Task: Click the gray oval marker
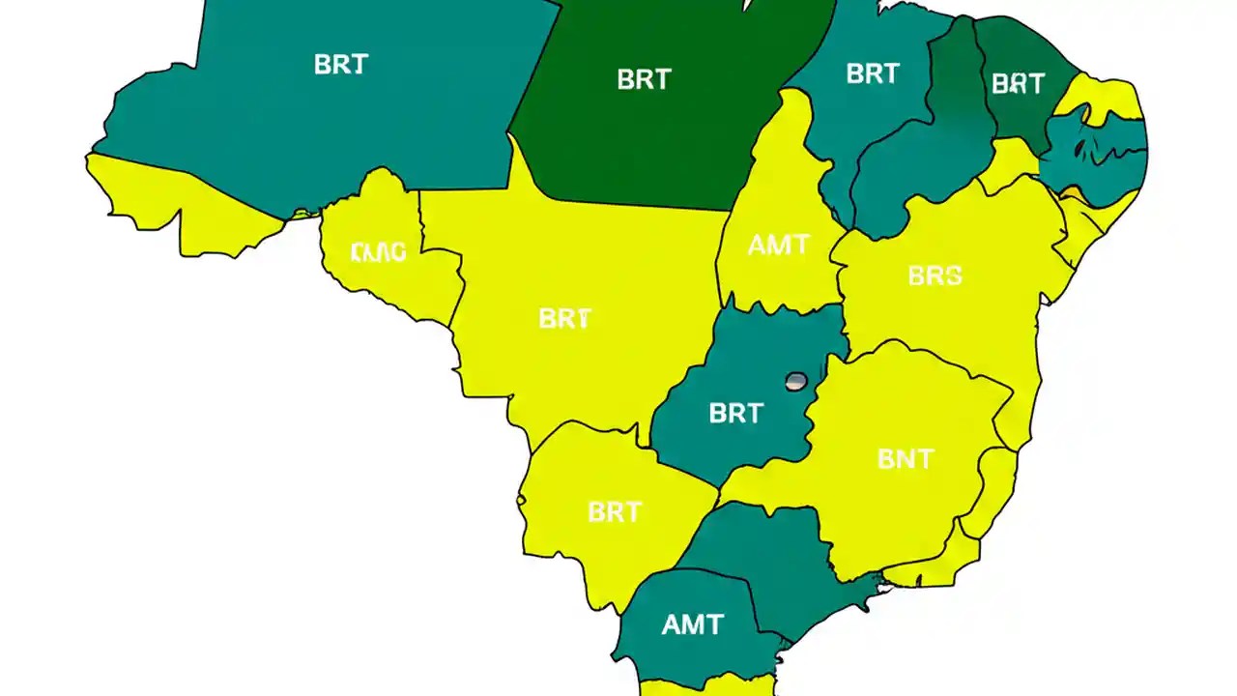796,381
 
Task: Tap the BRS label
935,276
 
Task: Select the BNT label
906,458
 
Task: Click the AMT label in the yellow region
778,246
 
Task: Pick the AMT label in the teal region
693,624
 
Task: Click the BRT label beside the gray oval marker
735,414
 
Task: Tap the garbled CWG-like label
379,253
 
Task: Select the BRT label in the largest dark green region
644,79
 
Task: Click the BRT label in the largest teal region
340,65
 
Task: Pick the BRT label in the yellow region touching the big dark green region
564,318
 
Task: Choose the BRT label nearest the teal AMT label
615,511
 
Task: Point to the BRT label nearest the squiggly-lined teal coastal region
1018,84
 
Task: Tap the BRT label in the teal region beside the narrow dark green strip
872,73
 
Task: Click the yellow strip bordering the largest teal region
184,203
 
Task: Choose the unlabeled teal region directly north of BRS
908,184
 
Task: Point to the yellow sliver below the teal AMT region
705,687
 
